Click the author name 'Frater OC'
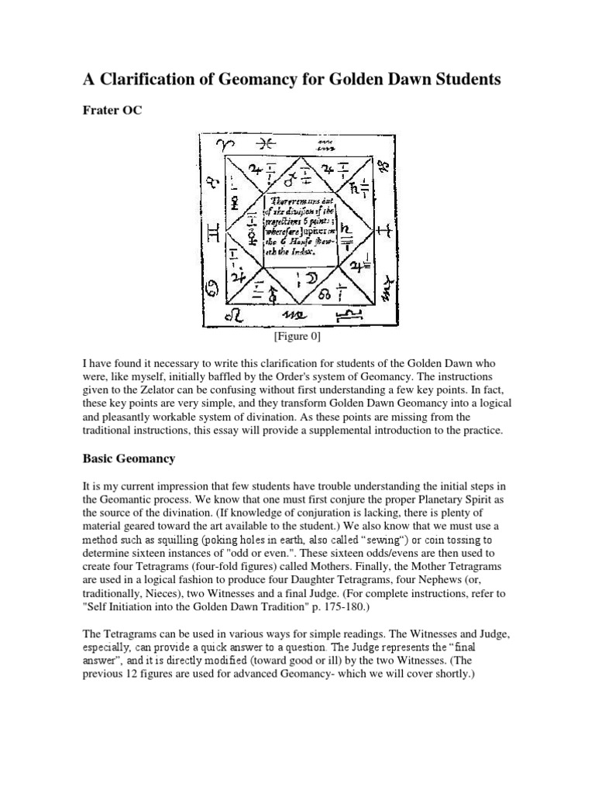113,111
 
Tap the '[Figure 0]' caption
297,336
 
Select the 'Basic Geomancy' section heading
129,458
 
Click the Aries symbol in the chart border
224,146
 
